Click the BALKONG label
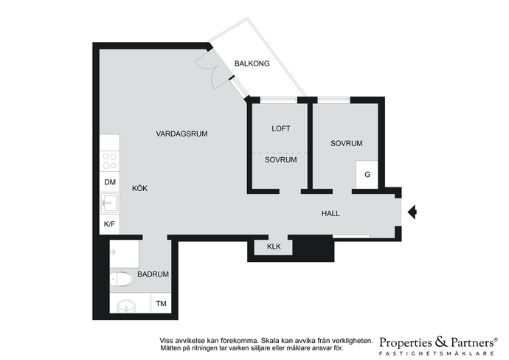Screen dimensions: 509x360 (252, 63)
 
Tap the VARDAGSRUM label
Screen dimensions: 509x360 (181, 134)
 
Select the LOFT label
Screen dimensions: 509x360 (281, 128)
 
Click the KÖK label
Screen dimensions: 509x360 (140, 188)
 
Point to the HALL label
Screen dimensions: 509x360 (330, 213)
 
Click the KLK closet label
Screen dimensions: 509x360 (274, 246)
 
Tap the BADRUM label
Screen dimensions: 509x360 (153, 274)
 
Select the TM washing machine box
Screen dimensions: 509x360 (162, 303)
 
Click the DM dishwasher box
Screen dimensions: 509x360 (110, 182)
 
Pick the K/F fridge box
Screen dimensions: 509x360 (110, 224)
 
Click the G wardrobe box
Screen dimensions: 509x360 (367, 175)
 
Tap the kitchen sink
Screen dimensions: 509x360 (110, 203)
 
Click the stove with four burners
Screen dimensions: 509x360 (110, 161)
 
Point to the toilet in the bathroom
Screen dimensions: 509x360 (122, 279)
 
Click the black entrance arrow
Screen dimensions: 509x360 (412, 212)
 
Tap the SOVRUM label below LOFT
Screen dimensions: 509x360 (281, 159)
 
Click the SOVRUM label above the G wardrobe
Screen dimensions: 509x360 (347, 143)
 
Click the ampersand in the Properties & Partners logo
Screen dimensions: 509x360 (441, 342)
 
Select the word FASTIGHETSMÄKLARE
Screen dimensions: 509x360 (437, 353)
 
